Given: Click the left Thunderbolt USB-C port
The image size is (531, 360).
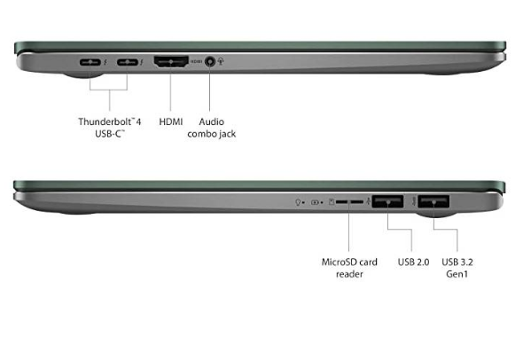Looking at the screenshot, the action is click(x=90, y=62).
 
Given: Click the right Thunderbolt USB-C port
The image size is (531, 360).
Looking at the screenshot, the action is click(x=128, y=62).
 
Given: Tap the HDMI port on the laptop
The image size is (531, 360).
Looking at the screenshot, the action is click(x=171, y=62).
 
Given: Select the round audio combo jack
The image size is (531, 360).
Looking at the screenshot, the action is click(x=210, y=62).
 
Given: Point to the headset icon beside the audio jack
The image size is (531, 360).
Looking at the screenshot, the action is click(x=221, y=61).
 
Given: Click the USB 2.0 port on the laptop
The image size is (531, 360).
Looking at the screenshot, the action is click(x=387, y=201).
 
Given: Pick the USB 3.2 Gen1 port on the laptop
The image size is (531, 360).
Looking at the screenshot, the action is click(x=433, y=201).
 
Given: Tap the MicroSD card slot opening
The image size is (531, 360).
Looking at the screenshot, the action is click(x=349, y=202).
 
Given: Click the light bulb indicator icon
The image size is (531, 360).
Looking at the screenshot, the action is click(x=298, y=202).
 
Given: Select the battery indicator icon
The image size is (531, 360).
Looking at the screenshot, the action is click(x=315, y=202).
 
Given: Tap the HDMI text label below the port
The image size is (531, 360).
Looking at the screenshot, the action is click(x=171, y=121).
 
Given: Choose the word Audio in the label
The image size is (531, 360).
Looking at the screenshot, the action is click(x=211, y=121).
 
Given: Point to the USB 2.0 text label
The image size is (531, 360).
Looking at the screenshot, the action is click(x=413, y=262).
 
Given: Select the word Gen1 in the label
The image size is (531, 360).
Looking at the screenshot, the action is click(x=457, y=274).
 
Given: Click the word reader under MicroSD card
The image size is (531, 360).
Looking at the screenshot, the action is click(x=349, y=274).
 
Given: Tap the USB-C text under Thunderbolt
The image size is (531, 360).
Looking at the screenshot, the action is click(x=108, y=134).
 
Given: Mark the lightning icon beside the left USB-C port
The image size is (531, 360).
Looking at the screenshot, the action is click(x=105, y=62).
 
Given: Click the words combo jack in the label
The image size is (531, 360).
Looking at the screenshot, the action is click(x=211, y=134).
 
